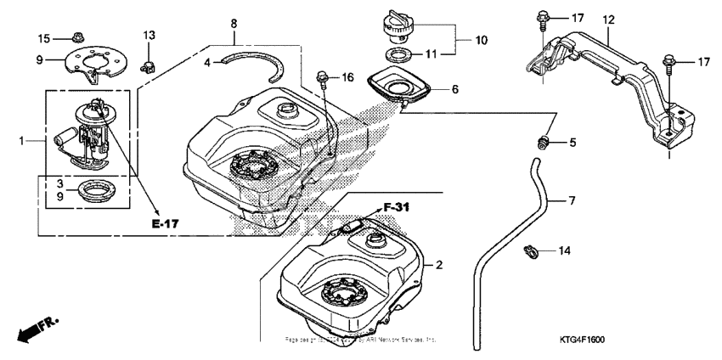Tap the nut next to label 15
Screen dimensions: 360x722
coord(74,37)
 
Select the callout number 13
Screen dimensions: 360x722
coord(149,35)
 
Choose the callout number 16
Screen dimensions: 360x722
coord(347,77)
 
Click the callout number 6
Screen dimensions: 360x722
coord(454,88)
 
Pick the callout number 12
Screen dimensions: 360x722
coord(608,19)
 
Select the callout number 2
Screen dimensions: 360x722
coord(440,265)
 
